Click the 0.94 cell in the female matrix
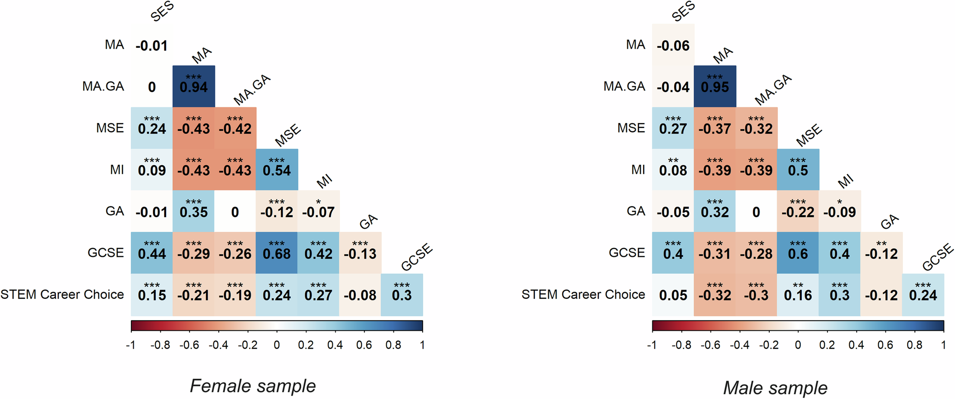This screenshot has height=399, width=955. point(193,86)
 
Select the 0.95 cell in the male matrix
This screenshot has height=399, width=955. point(715,86)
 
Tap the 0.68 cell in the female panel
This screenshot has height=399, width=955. point(276,253)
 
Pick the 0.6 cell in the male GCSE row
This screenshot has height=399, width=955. point(798,253)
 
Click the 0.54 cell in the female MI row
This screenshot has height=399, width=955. point(276,170)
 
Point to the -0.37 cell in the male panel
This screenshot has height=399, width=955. point(715,128)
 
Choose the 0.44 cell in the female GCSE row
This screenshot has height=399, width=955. point(152,253)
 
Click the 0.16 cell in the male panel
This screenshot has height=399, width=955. point(798,294)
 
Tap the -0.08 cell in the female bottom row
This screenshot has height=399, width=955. point(360,295)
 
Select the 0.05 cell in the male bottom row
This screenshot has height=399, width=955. point(673,295)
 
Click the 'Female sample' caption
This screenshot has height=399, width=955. point(253,386)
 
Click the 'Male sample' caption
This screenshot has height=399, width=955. point(775,388)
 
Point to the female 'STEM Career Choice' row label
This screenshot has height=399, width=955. point(62,294)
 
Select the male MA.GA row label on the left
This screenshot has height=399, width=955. point(624,86)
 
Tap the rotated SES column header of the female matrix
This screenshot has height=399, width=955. point(162,11)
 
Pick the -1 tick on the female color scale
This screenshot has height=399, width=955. point(130,345)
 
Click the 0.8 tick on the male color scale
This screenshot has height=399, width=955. point(914,345)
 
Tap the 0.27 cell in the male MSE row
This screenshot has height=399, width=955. point(673,128)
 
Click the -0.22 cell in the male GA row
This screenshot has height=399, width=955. point(798,211)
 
